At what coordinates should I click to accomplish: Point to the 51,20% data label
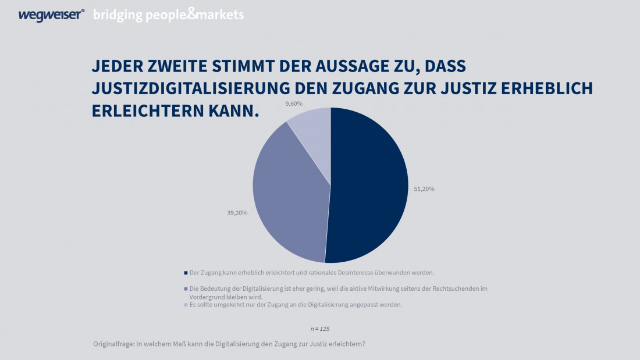(424, 189)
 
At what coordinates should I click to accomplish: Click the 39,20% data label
(237, 213)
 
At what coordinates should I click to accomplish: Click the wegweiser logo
(51, 15)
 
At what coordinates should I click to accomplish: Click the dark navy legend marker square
(186, 272)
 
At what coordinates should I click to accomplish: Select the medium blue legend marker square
(186, 288)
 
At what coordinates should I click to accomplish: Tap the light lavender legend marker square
(186, 305)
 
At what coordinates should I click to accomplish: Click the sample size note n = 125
(320, 329)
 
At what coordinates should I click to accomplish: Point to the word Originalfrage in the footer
(113, 344)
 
